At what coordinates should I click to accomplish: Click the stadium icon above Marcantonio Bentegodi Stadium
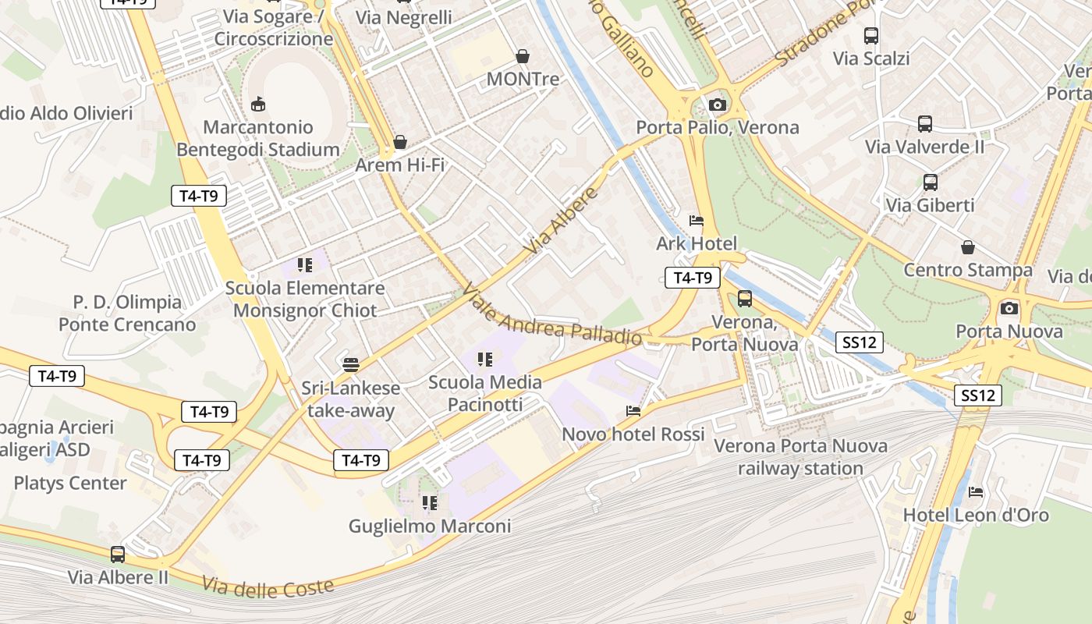coord(258,104)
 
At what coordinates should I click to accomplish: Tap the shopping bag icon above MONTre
coord(523,56)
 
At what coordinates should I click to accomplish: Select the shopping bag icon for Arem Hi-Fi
coord(400,142)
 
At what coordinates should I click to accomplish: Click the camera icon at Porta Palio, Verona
coord(718,105)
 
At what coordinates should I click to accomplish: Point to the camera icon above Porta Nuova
coord(1009,308)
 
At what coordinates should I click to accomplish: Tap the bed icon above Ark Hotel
coord(697,221)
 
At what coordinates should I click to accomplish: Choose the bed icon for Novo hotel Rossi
coord(633,410)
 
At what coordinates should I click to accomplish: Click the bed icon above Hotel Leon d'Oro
coord(976,491)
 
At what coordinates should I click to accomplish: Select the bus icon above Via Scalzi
coord(871,35)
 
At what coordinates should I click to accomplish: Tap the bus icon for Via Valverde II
coord(925,123)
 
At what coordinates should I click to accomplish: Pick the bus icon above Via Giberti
coord(931,183)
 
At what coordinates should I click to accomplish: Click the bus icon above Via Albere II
coord(118,555)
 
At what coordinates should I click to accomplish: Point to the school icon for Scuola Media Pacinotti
coord(485,359)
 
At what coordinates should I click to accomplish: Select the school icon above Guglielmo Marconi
coord(429,502)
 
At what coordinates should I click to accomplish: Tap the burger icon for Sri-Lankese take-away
coord(351,364)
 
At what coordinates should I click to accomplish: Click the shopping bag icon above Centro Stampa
coord(968,247)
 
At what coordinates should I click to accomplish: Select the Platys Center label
coord(70,483)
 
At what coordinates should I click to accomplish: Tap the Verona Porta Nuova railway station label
coord(801,457)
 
